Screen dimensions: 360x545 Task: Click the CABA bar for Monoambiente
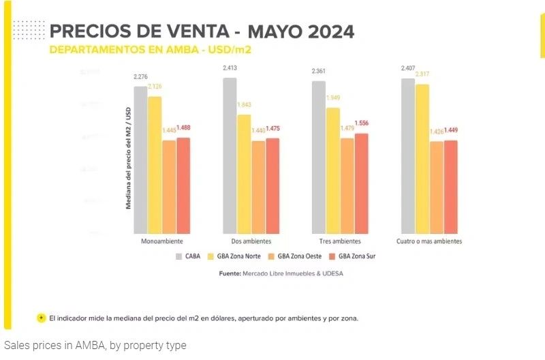tap(140, 160)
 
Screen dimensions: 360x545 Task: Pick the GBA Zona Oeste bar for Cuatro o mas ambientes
tap(436, 187)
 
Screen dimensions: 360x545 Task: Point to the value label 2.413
tap(230, 68)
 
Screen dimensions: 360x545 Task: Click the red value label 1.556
tap(362, 123)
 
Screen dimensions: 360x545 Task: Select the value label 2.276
tap(141, 77)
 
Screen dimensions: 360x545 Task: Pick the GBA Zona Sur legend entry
tap(352, 256)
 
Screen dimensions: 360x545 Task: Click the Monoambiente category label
tap(161, 242)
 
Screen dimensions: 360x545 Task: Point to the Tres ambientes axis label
tap(340, 242)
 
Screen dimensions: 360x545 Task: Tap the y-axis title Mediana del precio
tap(128, 157)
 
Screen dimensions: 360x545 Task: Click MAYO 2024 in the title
tap(300, 32)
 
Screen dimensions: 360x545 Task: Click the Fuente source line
tap(281, 273)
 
